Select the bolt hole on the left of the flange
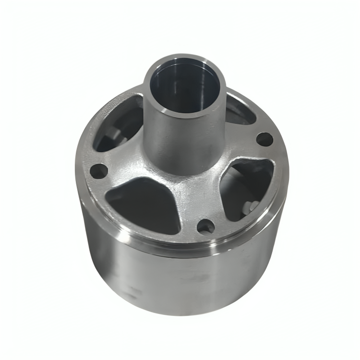(x=99, y=169)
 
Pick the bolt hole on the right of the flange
(x=264, y=139)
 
